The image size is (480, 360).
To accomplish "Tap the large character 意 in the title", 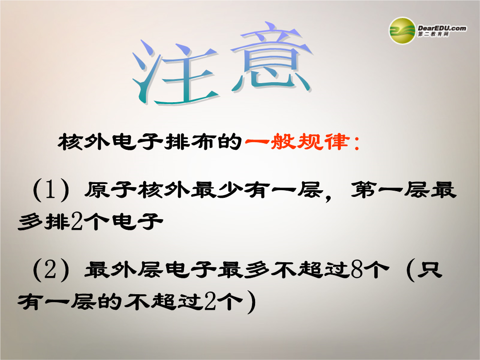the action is [271, 58].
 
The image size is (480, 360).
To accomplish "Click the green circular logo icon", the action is [402, 31].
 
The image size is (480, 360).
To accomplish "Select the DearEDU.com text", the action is [442, 28].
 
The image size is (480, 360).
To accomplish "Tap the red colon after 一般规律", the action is [356, 143].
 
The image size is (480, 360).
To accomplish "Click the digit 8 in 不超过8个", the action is [356, 270].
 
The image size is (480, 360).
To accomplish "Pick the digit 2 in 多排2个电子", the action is [77, 221].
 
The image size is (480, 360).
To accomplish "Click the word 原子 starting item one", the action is [111, 190].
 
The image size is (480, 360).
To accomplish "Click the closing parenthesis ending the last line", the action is [252, 302].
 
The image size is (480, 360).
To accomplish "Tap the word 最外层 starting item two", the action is [124, 270].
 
